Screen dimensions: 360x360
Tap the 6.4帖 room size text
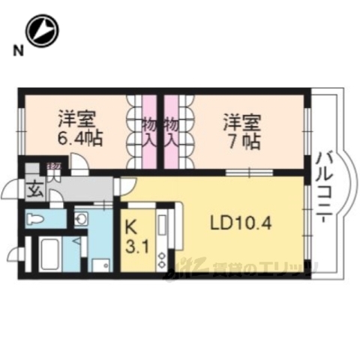tap(78, 139)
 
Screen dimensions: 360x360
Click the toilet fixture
tap(35, 219)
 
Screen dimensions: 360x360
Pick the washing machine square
tap(100, 265)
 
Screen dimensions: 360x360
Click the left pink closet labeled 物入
tap(149, 133)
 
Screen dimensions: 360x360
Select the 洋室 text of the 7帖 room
tap(241, 121)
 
